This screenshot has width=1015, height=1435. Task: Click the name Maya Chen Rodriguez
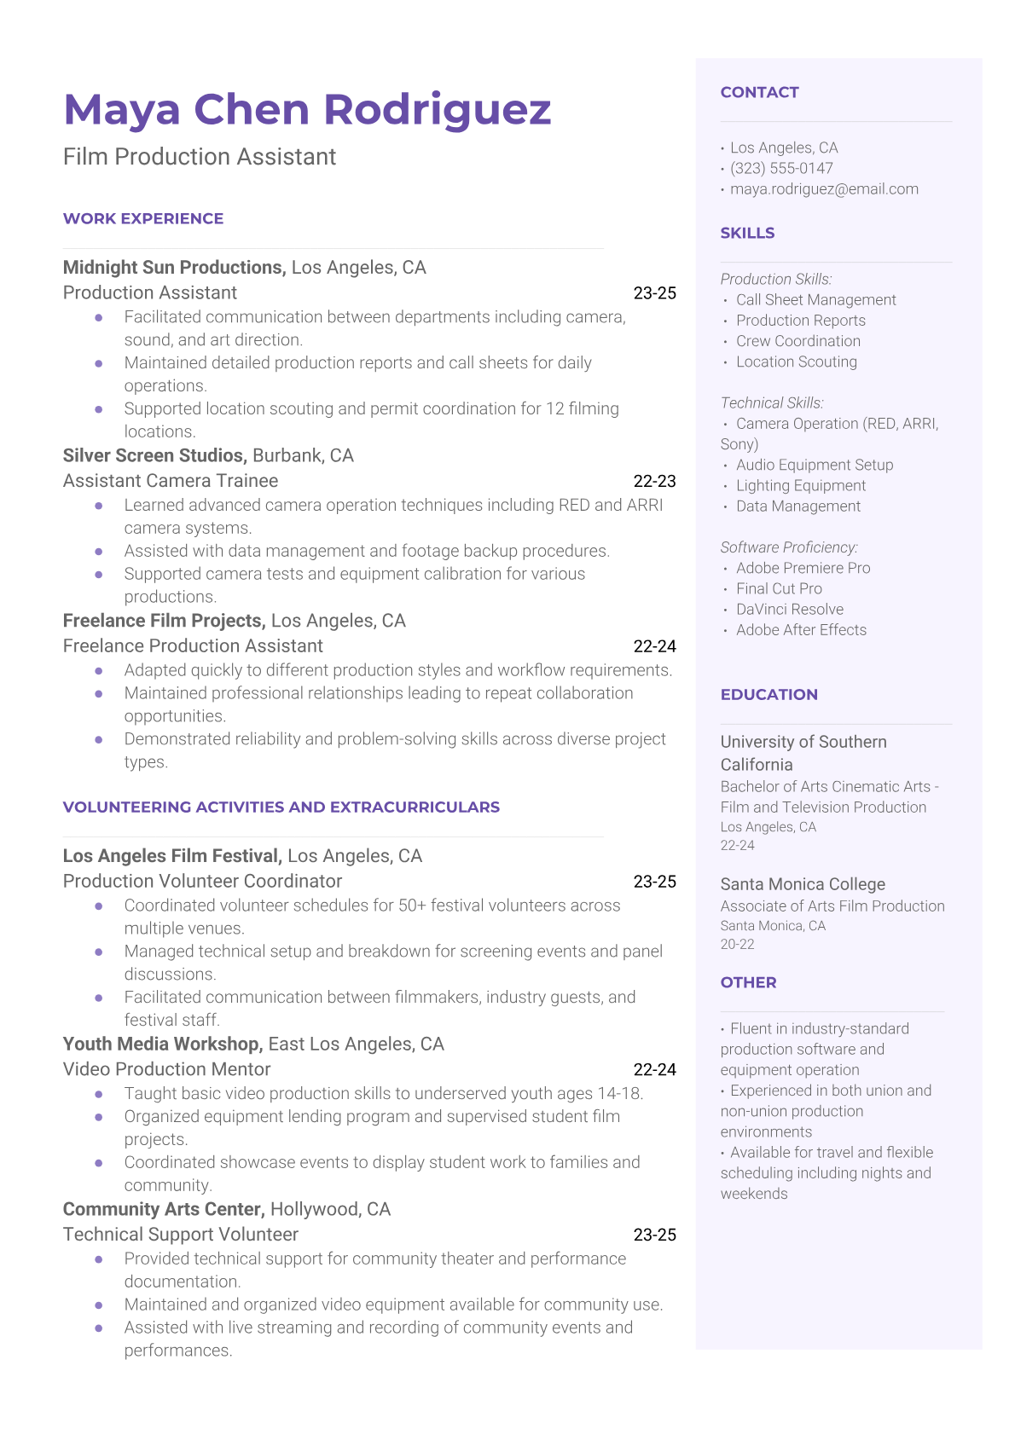click(x=307, y=110)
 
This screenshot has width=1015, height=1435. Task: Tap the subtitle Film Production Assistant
click(x=200, y=157)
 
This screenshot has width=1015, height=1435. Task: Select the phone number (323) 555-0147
click(x=781, y=169)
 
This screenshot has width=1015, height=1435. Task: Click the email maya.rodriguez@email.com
click(x=824, y=189)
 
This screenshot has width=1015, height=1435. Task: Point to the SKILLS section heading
click(x=747, y=233)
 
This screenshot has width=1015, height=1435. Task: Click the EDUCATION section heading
click(x=768, y=694)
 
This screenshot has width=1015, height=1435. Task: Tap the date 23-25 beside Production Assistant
click(x=654, y=293)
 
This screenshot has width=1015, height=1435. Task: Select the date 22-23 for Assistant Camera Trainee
click(x=654, y=482)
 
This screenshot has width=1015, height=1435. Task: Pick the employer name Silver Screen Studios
click(x=154, y=456)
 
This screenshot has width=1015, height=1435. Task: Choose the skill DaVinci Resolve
click(x=790, y=610)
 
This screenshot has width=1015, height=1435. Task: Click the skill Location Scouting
click(x=797, y=362)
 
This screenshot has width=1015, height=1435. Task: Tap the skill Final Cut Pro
click(x=779, y=589)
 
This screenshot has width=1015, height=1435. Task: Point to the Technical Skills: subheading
click(x=772, y=403)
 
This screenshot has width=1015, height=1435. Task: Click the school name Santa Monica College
click(x=803, y=884)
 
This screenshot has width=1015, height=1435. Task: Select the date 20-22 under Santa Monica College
click(x=738, y=945)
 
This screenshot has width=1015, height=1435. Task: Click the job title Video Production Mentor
click(x=166, y=1070)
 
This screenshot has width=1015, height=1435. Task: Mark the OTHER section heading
click(x=748, y=982)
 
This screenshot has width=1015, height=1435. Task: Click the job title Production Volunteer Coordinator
click(x=202, y=882)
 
